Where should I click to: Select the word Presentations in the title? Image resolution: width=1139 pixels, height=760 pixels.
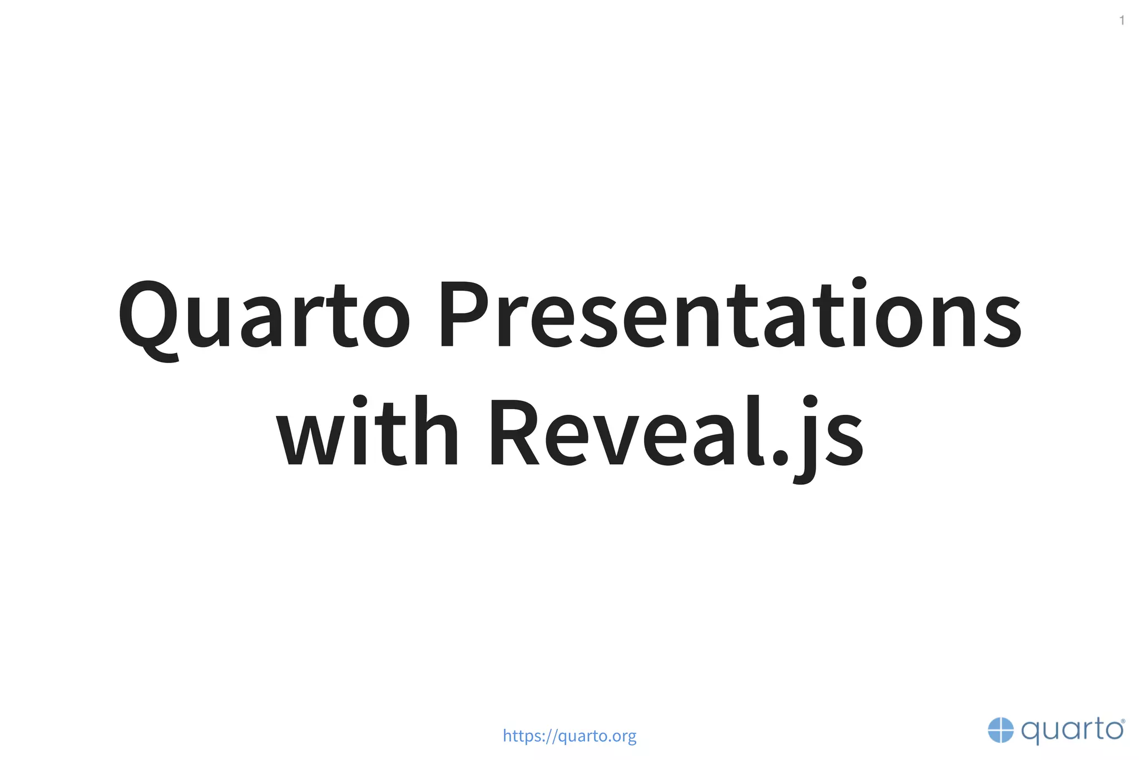pos(730,315)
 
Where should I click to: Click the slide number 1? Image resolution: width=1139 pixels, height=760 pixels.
pos(1122,21)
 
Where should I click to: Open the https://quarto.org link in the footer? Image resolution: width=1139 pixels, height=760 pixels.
pos(569,736)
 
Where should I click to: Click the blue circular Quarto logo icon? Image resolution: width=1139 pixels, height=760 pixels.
pos(1001,730)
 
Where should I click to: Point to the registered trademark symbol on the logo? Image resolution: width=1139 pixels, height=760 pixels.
pos(1123,721)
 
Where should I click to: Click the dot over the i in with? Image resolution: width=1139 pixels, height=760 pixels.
pos(360,401)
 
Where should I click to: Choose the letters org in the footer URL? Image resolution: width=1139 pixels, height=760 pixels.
pos(625,737)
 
